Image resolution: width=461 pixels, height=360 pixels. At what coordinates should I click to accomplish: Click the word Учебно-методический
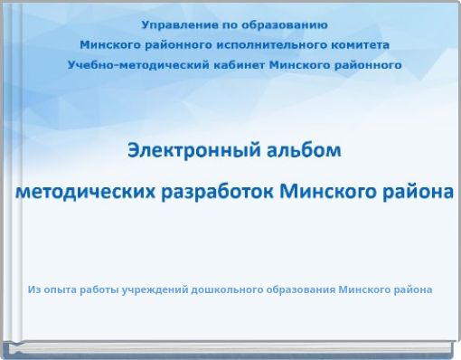pyautogui.click(x=131, y=64)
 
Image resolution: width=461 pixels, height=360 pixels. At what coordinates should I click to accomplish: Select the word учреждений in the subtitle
pyautogui.click(x=151, y=290)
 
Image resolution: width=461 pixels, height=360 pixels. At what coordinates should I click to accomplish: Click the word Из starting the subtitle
pyautogui.click(x=34, y=290)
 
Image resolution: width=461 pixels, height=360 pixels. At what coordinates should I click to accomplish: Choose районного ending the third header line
pyautogui.click(x=365, y=64)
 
